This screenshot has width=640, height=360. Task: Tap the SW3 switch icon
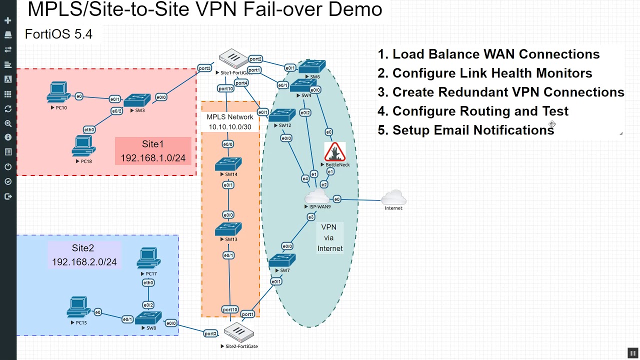pos(133,100)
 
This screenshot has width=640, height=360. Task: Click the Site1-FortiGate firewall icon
pos(232,59)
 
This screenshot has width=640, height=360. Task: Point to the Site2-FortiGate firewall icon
pos(238,332)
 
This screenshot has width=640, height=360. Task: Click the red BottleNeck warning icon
pos(335,151)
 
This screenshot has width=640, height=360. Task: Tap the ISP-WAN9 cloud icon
pos(317,195)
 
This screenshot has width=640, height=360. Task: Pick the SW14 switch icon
pos(228,164)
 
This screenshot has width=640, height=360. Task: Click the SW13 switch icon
pos(228,229)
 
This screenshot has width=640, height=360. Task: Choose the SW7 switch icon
pos(282,260)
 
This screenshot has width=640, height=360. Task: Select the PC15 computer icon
pos(78,308)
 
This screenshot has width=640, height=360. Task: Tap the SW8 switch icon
pos(148,318)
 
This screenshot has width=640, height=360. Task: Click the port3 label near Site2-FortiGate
pos(210,333)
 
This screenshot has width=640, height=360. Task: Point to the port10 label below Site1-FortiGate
pos(225,88)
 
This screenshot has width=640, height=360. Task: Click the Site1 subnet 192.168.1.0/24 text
pos(153,158)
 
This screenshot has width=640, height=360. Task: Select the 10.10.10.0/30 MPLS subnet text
pos(230,127)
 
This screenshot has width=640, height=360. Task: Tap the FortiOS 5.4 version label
pos(58,34)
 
